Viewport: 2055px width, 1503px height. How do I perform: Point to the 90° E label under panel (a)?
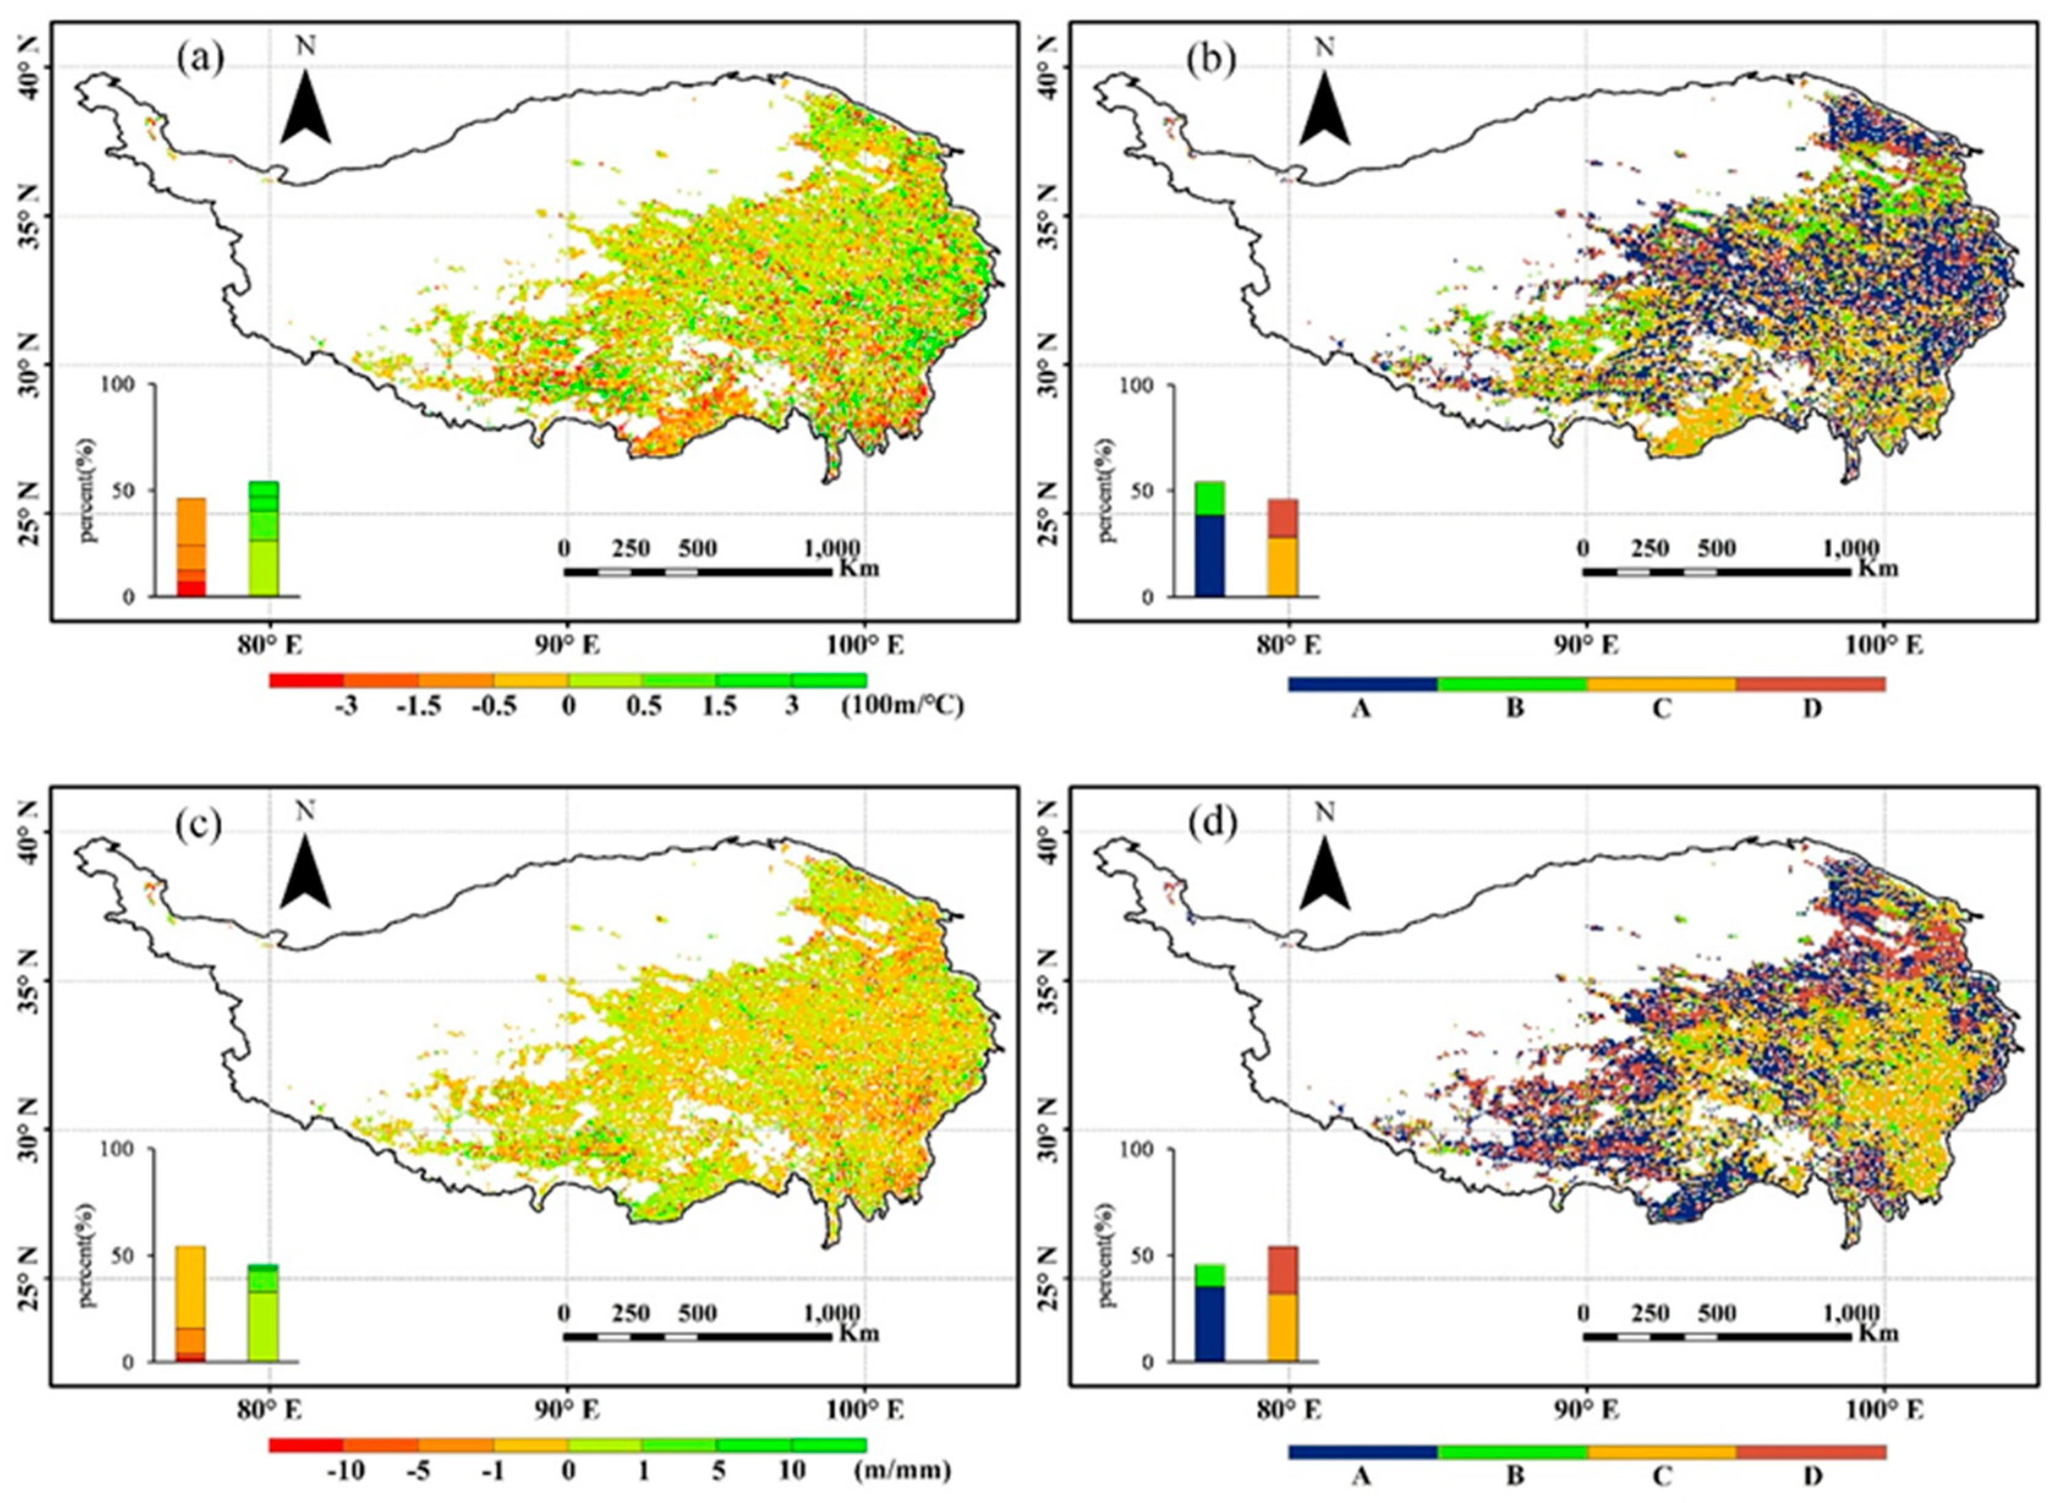coord(567,645)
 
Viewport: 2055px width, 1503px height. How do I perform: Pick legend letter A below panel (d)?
coord(1361,1473)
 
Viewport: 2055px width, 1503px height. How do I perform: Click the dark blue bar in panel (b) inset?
coord(1209,555)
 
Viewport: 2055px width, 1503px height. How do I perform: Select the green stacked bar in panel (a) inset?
coord(264,538)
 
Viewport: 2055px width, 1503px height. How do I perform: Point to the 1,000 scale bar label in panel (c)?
coord(832,1313)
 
